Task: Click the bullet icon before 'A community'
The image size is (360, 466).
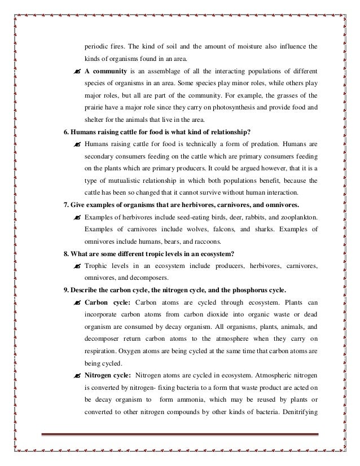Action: [76, 72]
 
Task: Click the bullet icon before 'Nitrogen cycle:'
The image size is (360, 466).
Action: [76, 375]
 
